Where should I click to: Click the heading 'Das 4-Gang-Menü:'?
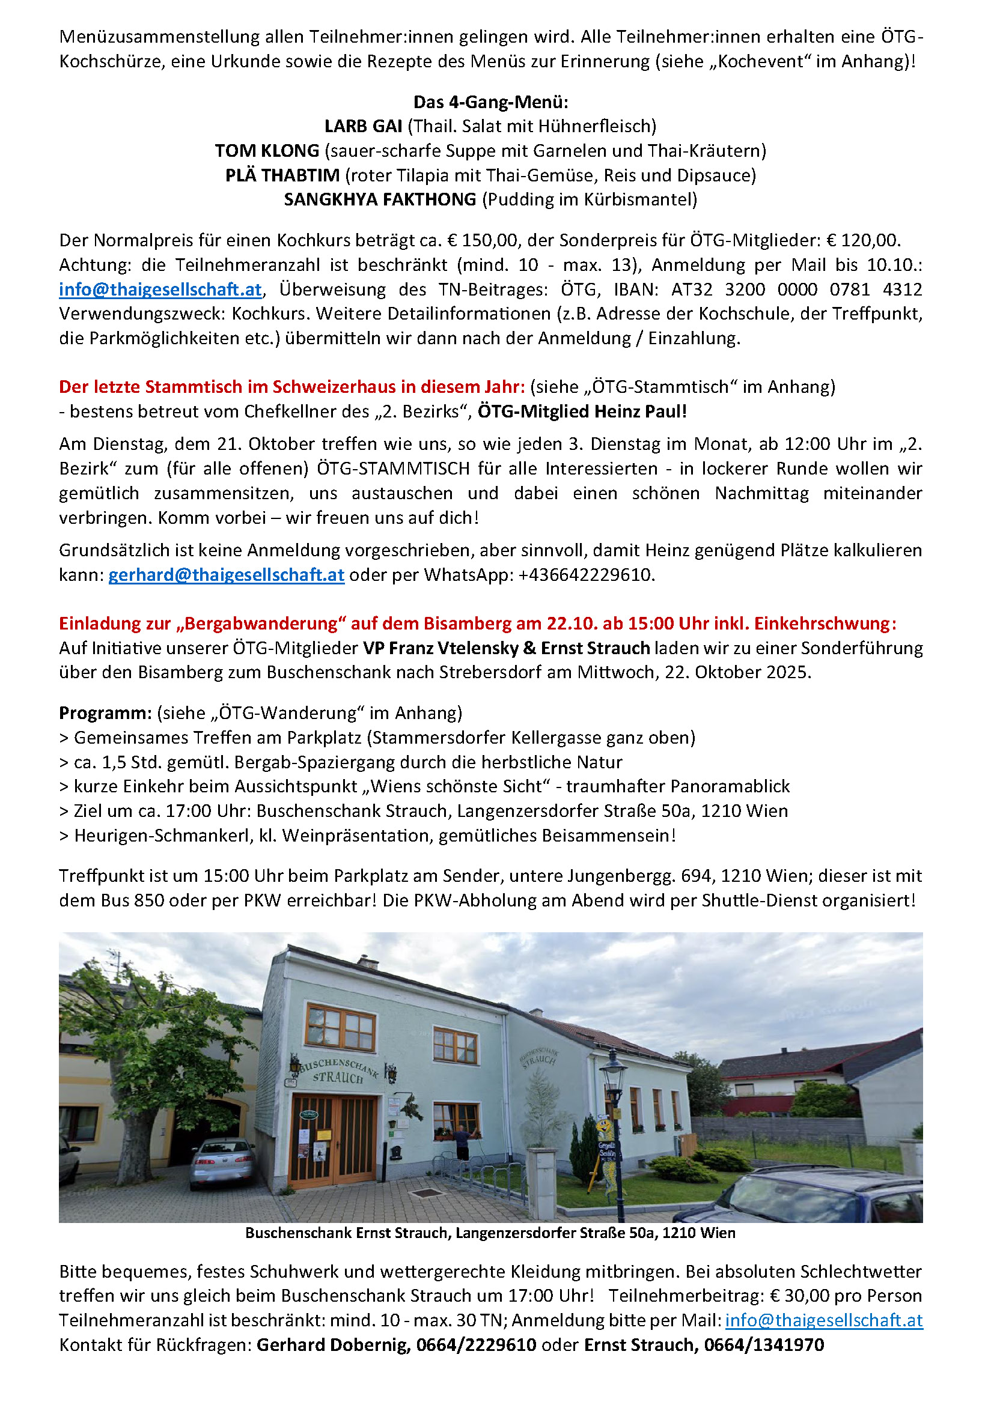(x=491, y=102)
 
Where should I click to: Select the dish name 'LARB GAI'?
(x=363, y=126)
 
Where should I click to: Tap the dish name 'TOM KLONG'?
(x=267, y=151)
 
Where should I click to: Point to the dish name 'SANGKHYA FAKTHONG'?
(x=379, y=199)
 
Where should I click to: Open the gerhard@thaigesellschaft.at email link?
(x=227, y=575)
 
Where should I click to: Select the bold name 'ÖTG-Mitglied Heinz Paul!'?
(x=582, y=411)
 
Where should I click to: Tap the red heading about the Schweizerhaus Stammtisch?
(x=292, y=387)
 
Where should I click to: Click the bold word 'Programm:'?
(x=105, y=713)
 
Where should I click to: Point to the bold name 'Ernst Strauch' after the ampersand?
(x=595, y=648)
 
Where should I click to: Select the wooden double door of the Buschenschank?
(x=333, y=1139)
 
